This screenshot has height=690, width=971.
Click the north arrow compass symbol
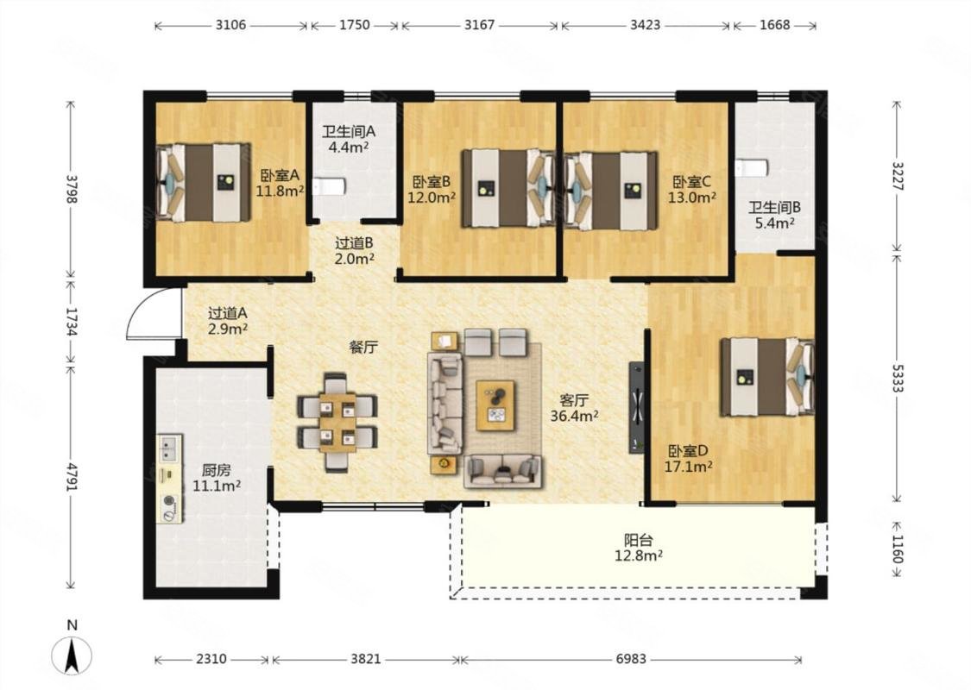point(72,655)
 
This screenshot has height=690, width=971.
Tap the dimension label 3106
point(230,25)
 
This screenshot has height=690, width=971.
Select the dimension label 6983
point(630,659)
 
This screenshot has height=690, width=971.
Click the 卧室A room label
point(280,176)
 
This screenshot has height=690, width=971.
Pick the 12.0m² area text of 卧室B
point(432,198)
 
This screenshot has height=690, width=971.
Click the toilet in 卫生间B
point(752,167)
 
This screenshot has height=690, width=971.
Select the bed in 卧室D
point(766,376)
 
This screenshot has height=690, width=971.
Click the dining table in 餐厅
point(337,423)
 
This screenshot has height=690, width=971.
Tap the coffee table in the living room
point(495,405)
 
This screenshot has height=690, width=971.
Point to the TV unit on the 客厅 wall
point(637,408)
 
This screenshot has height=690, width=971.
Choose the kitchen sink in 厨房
point(168,448)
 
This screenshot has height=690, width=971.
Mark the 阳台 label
point(638,540)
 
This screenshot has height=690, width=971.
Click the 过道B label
point(354,244)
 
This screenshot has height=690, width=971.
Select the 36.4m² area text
point(574,416)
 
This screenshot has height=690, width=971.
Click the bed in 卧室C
point(610,191)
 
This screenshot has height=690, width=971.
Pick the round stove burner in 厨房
point(169,502)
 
